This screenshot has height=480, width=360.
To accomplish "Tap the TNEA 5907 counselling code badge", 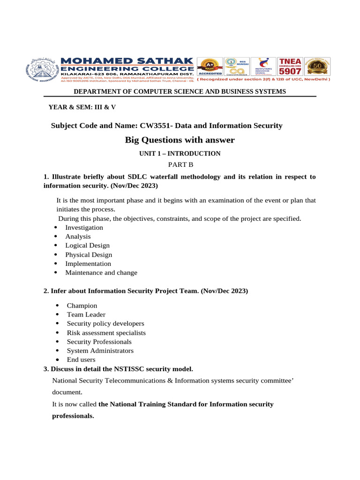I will pyautogui.click(x=290, y=67).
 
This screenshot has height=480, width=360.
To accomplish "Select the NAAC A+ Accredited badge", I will pyautogui.click(x=209, y=67).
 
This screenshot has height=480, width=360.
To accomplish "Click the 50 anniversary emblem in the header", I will pyautogui.click(x=317, y=67).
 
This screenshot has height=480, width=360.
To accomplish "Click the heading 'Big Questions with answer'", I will pyautogui.click(x=180, y=140).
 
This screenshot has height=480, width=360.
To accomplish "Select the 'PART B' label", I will pyautogui.click(x=180, y=165).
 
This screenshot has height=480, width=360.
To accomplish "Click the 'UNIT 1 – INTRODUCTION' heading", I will pyautogui.click(x=180, y=153).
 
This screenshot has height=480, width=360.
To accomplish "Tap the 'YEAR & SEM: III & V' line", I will pyautogui.click(x=82, y=107).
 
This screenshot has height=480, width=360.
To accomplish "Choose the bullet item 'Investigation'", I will pyautogui.click(x=84, y=227).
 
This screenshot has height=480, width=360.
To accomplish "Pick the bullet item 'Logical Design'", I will pyautogui.click(x=87, y=246).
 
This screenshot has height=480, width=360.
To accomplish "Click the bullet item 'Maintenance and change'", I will pyautogui.click(x=101, y=273).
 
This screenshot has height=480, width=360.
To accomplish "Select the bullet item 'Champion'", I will pyautogui.click(x=82, y=306).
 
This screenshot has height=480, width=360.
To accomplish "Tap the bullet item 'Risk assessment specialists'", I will pyautogui.click(x=106, y=333).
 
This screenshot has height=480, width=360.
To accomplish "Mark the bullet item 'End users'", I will pyautogui.click(x=81, y=360).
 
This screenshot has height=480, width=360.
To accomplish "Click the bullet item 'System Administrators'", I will pyautogui.click(x=100, y=351).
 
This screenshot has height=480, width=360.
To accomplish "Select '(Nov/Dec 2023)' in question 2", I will pyautogui.click(x=224, y=291).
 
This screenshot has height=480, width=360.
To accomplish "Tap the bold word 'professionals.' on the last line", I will pyautogui.click(x=73, y=416).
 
